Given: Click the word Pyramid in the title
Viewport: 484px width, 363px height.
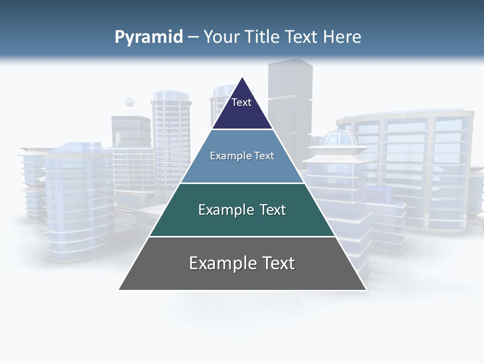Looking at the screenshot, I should pyautogui.click(x=149, y=37).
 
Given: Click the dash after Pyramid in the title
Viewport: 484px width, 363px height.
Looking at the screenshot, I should pyautogui.click(x=193, y=37).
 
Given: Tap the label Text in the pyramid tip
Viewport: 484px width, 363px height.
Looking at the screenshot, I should pyautogui.click(x=241, y=102).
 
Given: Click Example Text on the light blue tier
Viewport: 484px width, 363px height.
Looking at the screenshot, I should pyautogui.click(x=242, y=156).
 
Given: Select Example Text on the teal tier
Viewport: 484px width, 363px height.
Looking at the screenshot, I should pyautogui.click(x=242, y=210).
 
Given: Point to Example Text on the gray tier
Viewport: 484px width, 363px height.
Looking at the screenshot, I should pyautogui.click(x=242, y=263).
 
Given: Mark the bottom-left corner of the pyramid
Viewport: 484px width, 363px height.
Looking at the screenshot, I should pyautogui.click(x=119, y=289).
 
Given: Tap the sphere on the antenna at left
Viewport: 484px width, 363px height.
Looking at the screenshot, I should pyautogui.click(x=130, y=102).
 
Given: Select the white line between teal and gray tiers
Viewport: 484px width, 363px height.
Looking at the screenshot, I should pyautogui.click(x=243, y=236).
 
